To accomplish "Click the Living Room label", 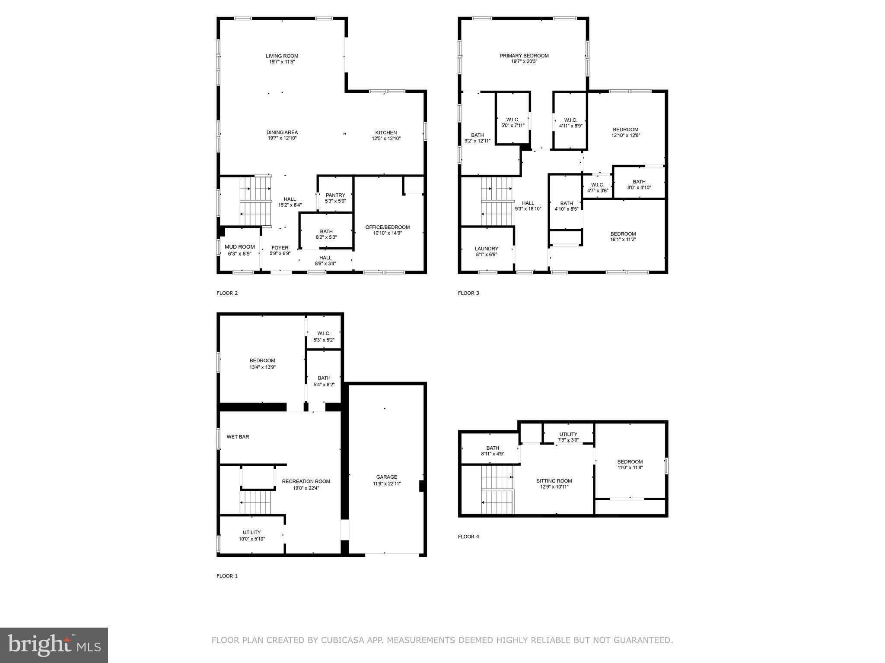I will pos(282,56).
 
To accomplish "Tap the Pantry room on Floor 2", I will pos(335,198).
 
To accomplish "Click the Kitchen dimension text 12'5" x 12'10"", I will pos(386,139).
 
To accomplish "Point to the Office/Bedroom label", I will pos(387,227).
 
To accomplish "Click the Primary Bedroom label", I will pos(524,56).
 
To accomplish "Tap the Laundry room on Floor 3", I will pos(486,251).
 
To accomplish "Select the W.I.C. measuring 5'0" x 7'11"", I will pos(513,123).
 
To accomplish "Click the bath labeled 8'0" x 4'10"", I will pos(639,184).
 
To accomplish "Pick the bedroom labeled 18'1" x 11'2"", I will pos(623,237).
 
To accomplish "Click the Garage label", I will pos(386,477).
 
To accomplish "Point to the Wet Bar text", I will pos(238,437).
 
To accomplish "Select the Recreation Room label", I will pos(306,481).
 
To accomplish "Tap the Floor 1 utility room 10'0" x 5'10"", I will pos(251,535).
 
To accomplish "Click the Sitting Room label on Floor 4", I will pos(554,481).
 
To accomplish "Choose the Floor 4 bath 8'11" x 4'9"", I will pos(492,451).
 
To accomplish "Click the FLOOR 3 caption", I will pos(468,293).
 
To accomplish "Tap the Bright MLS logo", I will pos(54,645).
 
